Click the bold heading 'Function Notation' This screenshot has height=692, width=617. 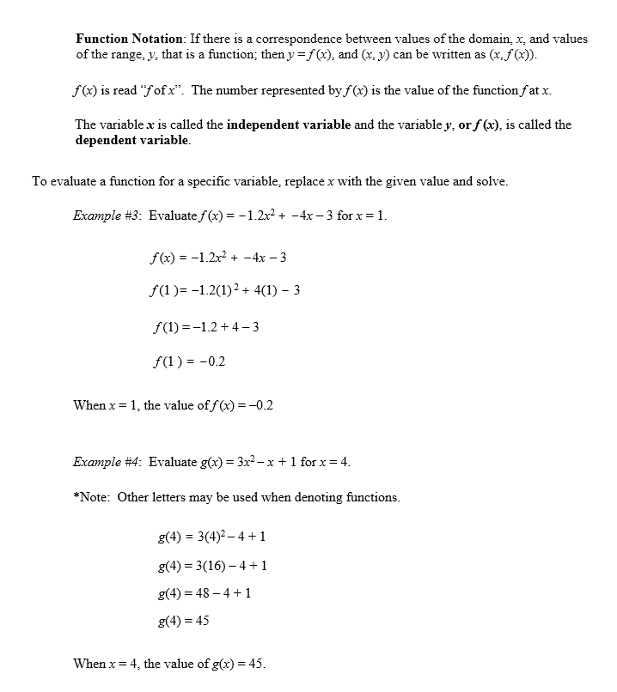point(129,39)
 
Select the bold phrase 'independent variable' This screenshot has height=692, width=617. point(289,124)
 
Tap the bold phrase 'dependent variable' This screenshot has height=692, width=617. point(131,140)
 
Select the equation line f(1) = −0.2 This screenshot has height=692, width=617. point(187,361)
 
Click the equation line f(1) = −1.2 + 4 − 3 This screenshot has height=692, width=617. point(205,327)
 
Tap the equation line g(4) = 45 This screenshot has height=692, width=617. point(184,621)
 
